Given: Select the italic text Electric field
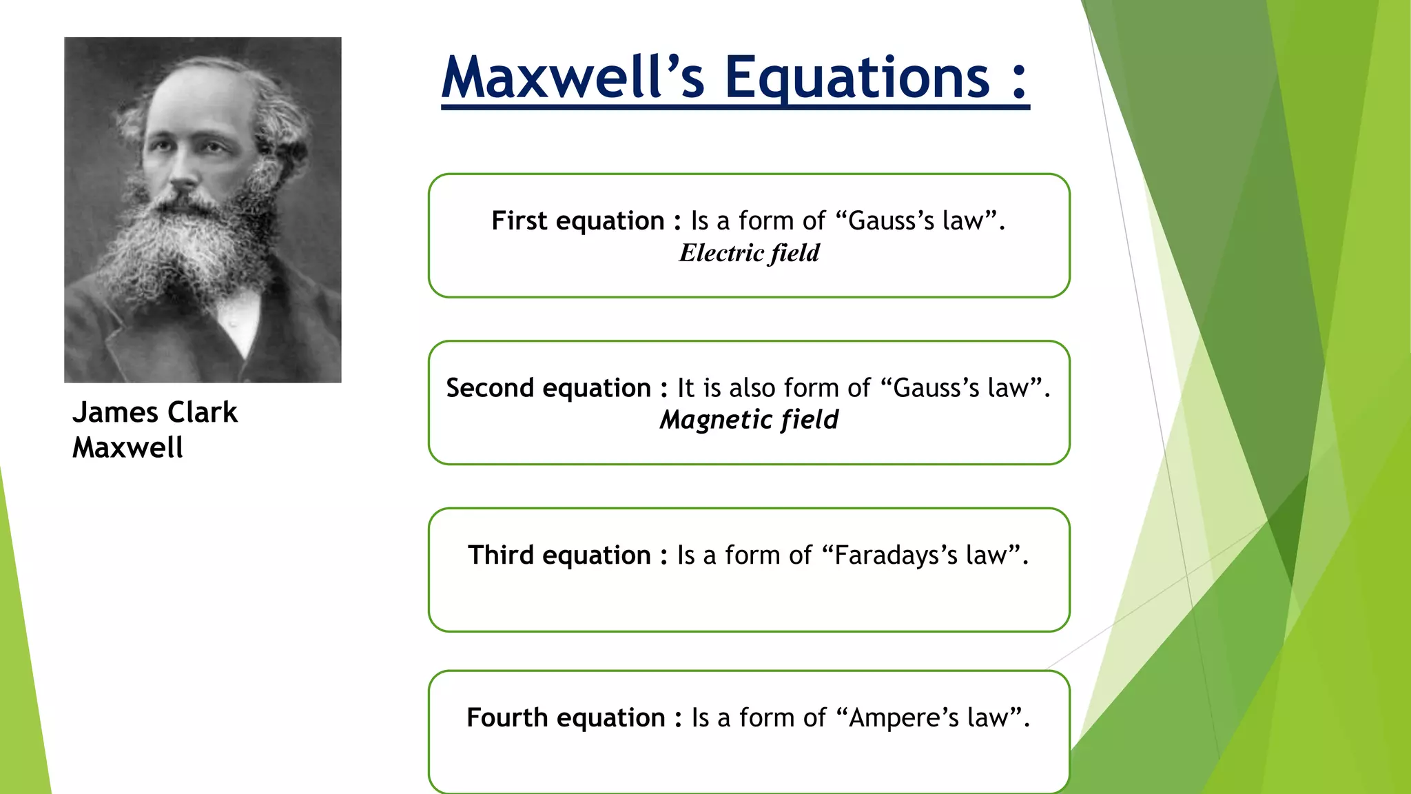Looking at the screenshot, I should (749, 253).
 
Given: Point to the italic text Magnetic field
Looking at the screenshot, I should (749, 420).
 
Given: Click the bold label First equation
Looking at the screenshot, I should (577, 221).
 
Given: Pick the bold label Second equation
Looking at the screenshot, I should (548, 388).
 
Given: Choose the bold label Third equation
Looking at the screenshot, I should (559, 555).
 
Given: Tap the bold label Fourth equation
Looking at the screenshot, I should (566, 717).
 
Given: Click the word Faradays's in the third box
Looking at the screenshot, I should (896, 555).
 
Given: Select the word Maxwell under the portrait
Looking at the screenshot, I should (127, 448).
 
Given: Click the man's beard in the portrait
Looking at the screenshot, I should (186, 248).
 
